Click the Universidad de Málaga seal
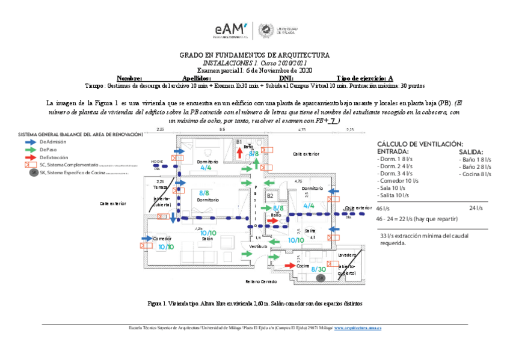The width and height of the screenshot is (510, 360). (x=264, y=30)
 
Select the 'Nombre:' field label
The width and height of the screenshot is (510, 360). (x=129, y=78)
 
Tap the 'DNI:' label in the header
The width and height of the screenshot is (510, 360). (x=286, y=78)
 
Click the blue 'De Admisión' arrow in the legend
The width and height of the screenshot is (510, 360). (x=28, y=141)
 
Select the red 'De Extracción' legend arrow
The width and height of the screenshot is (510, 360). (x=28, y=157)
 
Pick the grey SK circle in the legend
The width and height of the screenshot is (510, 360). (x=34, y=172)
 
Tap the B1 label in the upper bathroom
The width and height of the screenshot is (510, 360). (x=239, y=142)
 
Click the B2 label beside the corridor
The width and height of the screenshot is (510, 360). (x=270, y=196)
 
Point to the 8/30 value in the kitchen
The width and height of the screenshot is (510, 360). (x=318, y=269)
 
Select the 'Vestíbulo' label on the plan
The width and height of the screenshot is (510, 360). (x=258, y=246)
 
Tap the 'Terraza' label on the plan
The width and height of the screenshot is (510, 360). (x=161, y=187)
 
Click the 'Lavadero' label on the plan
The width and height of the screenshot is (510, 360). (x=348, y=255)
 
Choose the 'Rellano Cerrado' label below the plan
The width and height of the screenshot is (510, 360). (x=261, y=281)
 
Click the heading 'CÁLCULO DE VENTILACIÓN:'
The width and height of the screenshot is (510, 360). (x=420, y=144)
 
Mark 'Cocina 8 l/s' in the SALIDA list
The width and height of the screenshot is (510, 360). (x=475, y=174)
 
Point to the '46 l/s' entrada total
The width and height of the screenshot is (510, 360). (x=382, y=208)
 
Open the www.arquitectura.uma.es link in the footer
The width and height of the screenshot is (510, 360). (x=359, y=328)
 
